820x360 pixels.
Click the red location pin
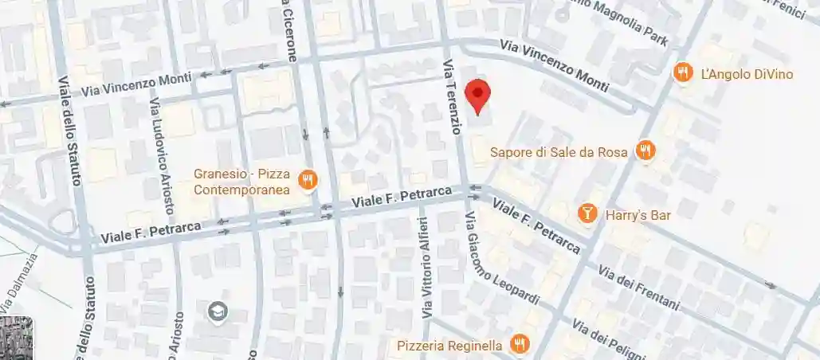(477, 96)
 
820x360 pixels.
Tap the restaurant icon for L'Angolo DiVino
(682, 73)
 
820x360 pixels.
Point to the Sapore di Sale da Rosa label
(559, 151)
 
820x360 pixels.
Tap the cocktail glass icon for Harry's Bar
(587, 213)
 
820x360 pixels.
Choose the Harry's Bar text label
(638, 215)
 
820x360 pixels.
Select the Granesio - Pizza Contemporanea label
(241, 182)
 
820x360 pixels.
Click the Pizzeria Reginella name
(450, 346)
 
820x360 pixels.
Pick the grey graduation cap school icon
(216, 311)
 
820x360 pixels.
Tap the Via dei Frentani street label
(638, 287)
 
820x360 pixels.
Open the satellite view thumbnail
(16, 338)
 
